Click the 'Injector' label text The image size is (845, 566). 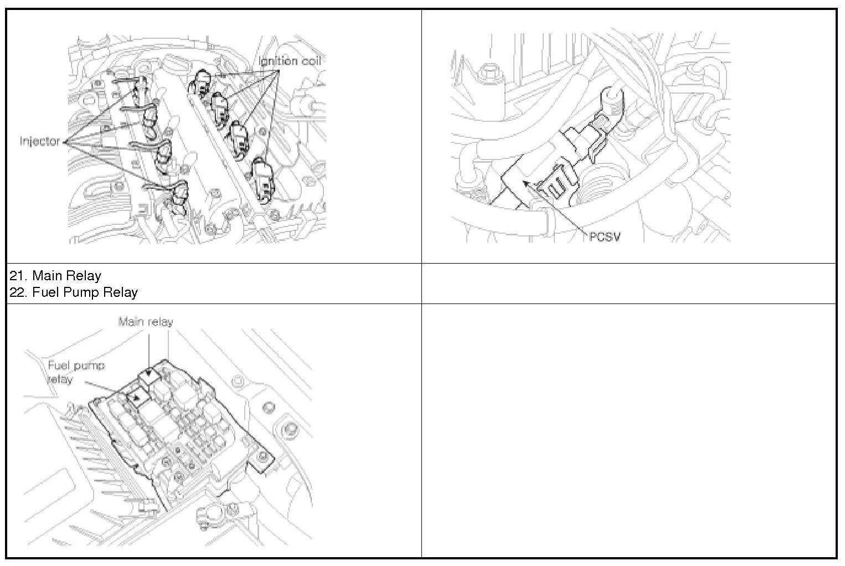point(40,142)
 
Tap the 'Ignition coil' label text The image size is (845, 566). point(290,61)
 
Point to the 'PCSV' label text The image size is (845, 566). point(605,237)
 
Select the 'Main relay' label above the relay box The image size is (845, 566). point(146,322)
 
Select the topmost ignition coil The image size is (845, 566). point(200,82)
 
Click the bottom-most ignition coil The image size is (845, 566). point(263,179)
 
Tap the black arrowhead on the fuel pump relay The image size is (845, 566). point(137,397)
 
